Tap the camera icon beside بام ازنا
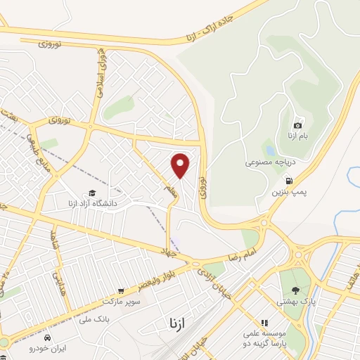pos(297,125)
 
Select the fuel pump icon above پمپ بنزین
pos(290,180)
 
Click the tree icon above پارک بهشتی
pos(295,291)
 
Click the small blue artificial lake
pos(269,148)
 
